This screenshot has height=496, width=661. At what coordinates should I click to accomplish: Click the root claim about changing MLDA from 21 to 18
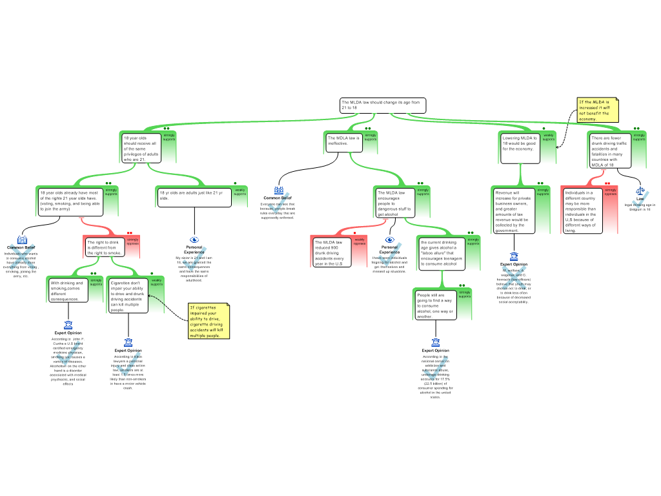[x=383, y=105]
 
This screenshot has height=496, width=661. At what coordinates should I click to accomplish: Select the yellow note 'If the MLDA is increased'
[x=597, y=110]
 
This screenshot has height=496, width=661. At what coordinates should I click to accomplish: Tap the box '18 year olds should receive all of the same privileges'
[x=141, y=148]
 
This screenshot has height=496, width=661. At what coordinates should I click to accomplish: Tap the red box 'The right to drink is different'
[x=105, y=247]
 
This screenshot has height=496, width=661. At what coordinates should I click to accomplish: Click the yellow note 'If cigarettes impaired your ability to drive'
[x=208, y=321]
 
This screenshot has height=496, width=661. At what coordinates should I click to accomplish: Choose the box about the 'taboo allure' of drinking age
[x=438, y=253]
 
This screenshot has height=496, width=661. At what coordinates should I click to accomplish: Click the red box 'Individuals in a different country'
[x=582, y=211]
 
